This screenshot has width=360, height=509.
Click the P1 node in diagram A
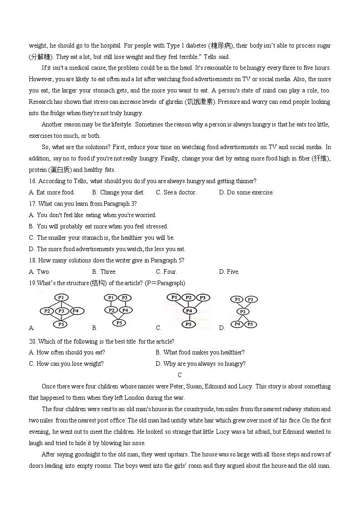pos(61,297)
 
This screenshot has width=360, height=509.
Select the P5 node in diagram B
pos(119,323)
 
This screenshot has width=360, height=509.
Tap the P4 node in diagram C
pos(189,310)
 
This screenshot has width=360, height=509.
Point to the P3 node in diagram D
pos(243,311)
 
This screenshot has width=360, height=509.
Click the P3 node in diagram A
pos(62,311)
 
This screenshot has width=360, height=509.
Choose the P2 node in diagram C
pos(189,298)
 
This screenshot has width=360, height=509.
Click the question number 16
pos(32,181)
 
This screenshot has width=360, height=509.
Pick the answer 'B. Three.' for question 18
pos(104,272)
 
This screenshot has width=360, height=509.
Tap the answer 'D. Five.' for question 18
pos(229,272)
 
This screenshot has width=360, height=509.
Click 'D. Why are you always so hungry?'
pos(200,364)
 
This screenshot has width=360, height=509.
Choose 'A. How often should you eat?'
pos(67,353)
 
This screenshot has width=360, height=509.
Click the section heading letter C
pos(180,375)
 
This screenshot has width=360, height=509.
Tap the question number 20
pos(32,341)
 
